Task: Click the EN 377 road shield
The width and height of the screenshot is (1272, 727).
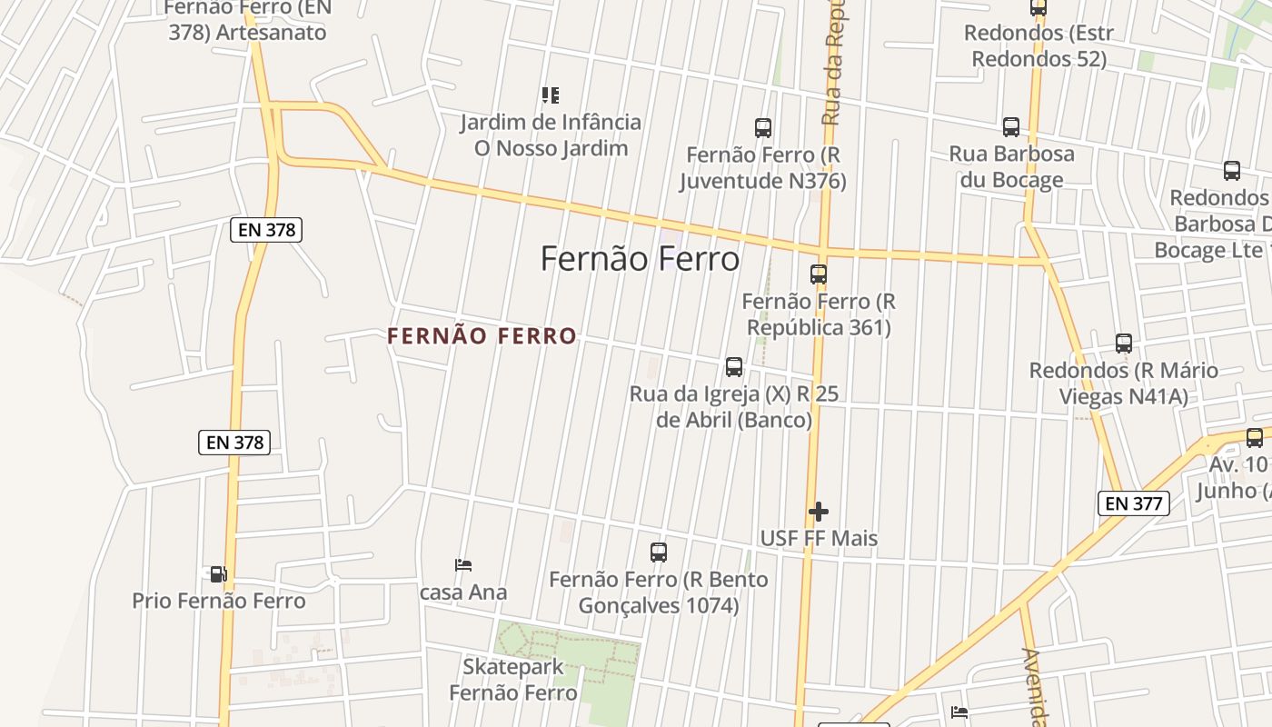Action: pos(1133,503)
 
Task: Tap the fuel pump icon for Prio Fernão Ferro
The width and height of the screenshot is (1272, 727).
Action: pos(218,574)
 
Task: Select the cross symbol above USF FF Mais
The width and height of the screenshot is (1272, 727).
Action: pos(819,512)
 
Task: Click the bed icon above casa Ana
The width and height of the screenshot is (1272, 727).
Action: pos(463,565)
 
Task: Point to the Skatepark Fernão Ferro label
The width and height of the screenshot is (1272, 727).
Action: pos(513,680)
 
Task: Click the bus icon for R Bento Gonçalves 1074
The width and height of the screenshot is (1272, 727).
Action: pos(659,552)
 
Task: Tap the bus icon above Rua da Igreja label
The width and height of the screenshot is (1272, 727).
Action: pos(734,367)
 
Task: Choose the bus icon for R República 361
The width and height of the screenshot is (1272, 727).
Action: pos(819,274)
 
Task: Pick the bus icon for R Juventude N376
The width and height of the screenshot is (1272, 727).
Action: pos(763,128)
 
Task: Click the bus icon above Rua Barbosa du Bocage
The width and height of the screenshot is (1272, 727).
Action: pos(1011,127)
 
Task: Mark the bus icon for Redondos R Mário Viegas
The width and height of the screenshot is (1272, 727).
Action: pos(1124,344)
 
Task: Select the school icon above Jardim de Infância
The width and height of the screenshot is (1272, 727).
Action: pos(550,95)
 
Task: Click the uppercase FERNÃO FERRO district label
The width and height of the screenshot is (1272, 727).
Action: pos(482,336)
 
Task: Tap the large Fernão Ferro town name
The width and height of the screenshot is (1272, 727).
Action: pos(641,259)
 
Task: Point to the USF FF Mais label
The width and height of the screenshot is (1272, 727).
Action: pos(819,538)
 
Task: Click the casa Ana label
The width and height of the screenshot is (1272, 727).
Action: pos(463,593)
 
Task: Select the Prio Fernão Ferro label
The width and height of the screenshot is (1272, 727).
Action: pos(219,601)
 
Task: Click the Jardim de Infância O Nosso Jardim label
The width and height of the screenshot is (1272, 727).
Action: pos(550,134)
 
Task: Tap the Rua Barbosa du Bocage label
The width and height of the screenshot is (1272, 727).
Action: pos(1011,166)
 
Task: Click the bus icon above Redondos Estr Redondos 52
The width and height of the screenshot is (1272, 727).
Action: pos(1038,8)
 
